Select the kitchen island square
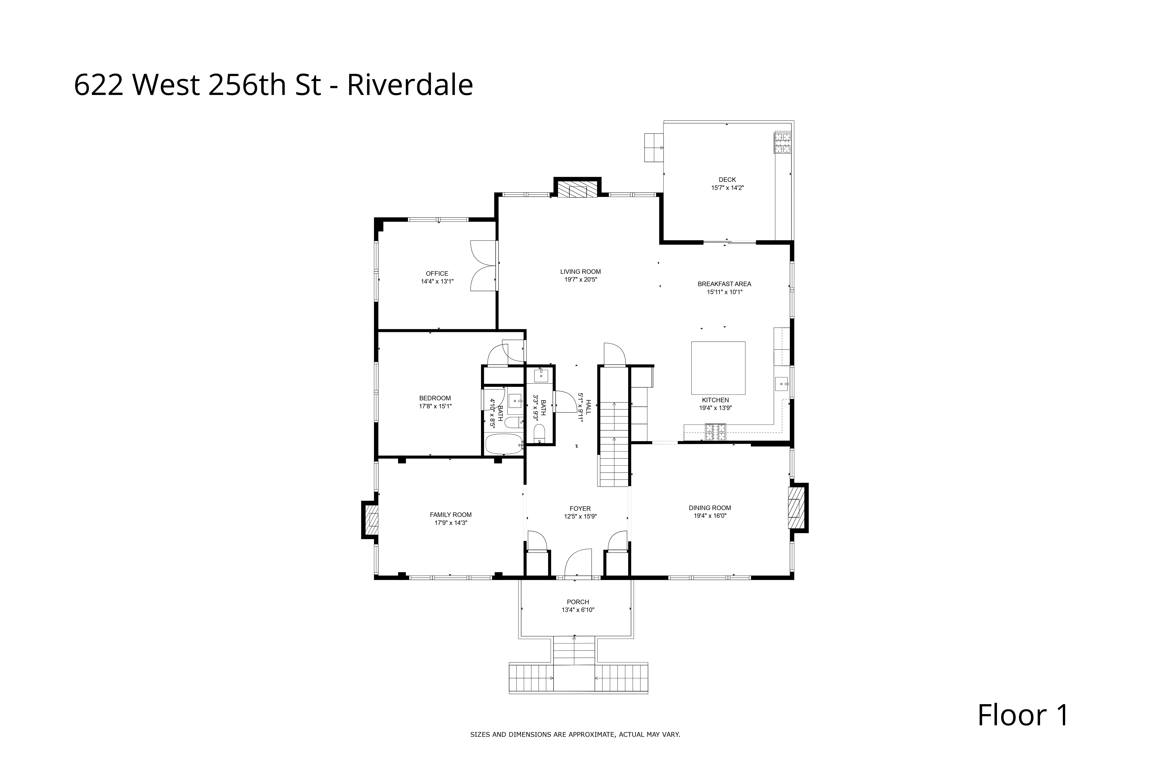(x=718, y=368)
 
